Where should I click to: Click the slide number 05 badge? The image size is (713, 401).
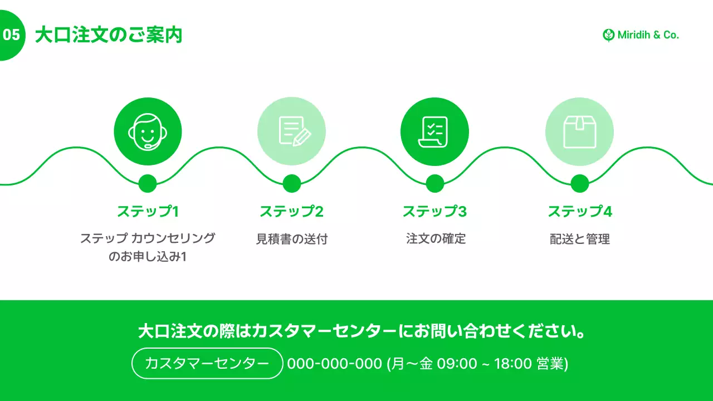point(11,35)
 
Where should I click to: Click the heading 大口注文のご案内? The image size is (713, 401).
point(109,35)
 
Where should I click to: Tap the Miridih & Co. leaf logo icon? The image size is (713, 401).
point(608,35)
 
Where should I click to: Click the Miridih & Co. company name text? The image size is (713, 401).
point(648,35)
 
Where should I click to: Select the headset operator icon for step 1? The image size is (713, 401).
point(148,131)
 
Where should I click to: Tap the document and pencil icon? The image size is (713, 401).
point(291,131)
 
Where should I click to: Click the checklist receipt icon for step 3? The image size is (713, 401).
point(434,131)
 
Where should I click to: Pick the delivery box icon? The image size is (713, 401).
point(579,131)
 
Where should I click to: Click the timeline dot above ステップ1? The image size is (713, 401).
point(148,183)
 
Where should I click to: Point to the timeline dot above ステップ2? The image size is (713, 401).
point(291,183)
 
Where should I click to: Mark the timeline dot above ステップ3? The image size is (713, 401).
point(434,183)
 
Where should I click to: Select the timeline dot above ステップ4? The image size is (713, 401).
point(579,183)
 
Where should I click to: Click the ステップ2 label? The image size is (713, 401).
point(291,212)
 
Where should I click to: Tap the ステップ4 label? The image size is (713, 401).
point(579,212)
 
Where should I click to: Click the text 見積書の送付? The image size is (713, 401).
point(291,239)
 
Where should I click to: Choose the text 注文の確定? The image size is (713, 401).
point(436,239)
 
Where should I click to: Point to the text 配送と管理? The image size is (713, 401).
point(579,239)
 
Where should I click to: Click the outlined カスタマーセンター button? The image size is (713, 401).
point(207,364)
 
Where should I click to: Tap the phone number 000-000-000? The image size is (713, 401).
point(334,364)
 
